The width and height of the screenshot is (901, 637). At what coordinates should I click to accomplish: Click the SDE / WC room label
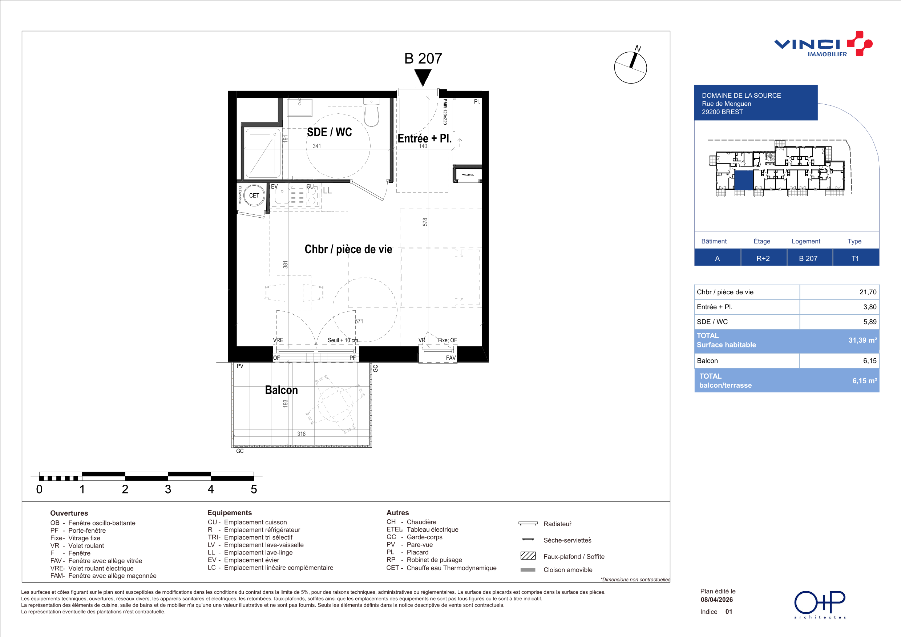click(x=329, y=132)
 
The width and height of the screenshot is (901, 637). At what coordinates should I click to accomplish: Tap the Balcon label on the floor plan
click(x=281, y=390)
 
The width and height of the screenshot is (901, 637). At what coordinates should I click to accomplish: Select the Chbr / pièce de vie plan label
click(x=348, y=249)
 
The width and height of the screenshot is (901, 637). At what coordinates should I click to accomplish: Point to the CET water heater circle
click(x=254, y=195)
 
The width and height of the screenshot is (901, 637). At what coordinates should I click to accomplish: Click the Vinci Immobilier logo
click(x=823, y=44)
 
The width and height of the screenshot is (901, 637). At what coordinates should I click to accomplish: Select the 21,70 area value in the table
click(x=868, y=292)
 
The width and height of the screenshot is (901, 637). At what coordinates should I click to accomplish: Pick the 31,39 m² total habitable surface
click(x=862, y=340)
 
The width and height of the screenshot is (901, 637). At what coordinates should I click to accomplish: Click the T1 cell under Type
click(x=855, y=258)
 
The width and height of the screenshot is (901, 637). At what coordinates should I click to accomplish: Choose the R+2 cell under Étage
click(x=763, y=258)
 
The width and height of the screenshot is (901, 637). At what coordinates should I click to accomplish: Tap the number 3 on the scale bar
click(x=168, y=489)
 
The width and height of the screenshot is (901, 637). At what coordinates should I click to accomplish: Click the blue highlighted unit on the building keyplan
click(x=744, y=180)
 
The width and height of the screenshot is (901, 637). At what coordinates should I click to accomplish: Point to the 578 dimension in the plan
click(x=425, y=222)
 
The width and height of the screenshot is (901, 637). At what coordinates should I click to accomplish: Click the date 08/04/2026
click(x=716, y=599)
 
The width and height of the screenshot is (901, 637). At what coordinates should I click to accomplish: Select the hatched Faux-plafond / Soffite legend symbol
click(x=528, y=556)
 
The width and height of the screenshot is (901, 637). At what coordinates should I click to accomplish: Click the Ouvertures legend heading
click(x=69, y=513)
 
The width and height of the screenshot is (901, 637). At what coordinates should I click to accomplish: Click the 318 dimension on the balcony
click(x=302, y=434)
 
